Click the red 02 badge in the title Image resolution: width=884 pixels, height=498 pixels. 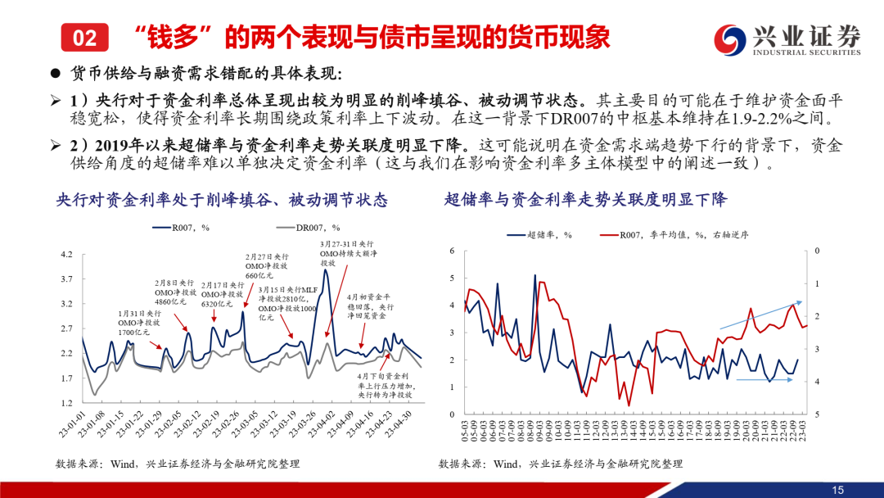point(84,36)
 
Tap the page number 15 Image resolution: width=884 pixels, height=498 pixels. point(837,489)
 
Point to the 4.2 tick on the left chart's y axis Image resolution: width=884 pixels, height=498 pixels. point(66,255)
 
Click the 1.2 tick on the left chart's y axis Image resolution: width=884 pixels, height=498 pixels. point(66,404)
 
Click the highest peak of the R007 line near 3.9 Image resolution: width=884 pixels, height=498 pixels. point(326,270)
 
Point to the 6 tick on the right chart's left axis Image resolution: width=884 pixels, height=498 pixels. point(453,251)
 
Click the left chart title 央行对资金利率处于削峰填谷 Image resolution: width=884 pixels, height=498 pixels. point(221,199)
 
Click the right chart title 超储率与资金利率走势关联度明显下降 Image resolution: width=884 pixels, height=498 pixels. point(585,199)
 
